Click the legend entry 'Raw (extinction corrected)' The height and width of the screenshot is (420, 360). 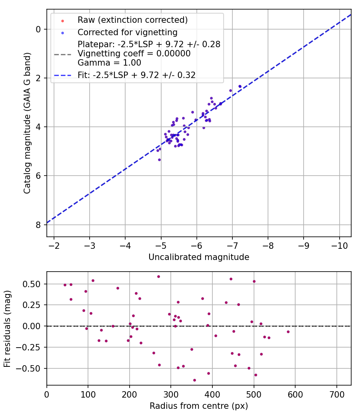pyautogui.click(x=132, y=20)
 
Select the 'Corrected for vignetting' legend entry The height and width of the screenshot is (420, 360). pyautogui.click(x=128, y=32)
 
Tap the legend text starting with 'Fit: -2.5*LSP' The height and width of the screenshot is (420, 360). pyautogui.click(x=136, y=75)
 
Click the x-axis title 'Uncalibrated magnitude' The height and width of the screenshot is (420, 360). pyautogui.click(x=199, y=257)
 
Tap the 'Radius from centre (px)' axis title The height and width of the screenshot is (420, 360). pyautogui.click(x=199, y=406)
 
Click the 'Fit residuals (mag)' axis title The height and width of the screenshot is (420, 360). pyautogui.click(x=8, y=328)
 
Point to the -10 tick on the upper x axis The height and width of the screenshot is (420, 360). pyautogui.click(x=339, y=244)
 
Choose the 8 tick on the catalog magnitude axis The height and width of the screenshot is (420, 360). pyautogui.click(x=38, y=225)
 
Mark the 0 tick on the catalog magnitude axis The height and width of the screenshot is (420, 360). pyautogui.click(x=38, y=29)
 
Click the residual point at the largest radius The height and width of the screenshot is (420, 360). pyautogui.click(x=288, y=332)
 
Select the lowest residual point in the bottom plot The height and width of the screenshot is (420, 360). pyautogui.click(x=194, y=380)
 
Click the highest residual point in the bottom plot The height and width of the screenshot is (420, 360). pyautogui.click(x=158, y=276)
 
